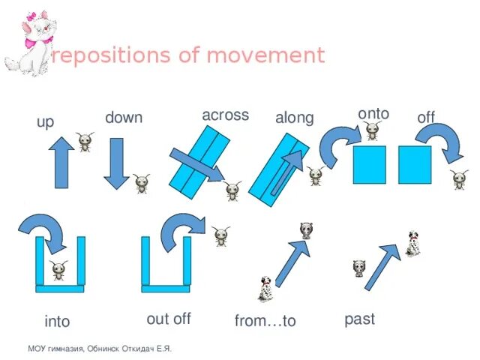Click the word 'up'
click(x=45, y=121)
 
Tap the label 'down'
click(x=124, y=118)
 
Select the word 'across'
click(x=225, y=115)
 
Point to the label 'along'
click(x=294, y=118)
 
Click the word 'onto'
click(x=373, y=113)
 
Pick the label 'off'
click(x=426, y=118)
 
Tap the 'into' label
click(x=57, y=322)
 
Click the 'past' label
click(x=359, y=319)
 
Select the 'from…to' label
click(x=265, y=321)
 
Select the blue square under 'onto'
click(x=369, y=164)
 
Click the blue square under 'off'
click(x=415, y=164)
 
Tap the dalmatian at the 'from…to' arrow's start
click(x=265, y=288)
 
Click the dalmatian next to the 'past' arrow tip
click(x=413, y=244)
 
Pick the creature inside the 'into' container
click(x=59, y=271)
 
